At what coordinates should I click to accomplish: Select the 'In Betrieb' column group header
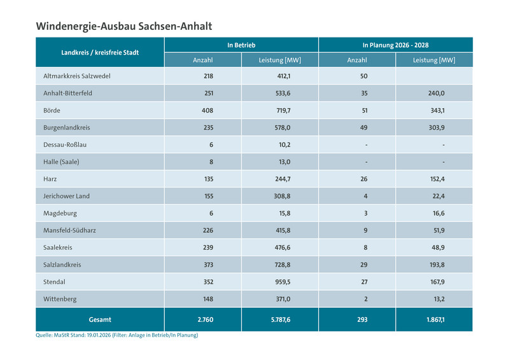pos(241,45)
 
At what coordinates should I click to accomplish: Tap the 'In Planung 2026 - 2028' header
pos(395,45)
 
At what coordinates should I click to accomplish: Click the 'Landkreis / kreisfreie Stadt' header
pos(100,52)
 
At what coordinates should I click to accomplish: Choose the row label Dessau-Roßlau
pos(65,144)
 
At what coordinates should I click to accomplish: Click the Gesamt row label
pos(100,319)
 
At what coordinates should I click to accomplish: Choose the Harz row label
pos(51,179)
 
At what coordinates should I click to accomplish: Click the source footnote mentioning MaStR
pos(117,335)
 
